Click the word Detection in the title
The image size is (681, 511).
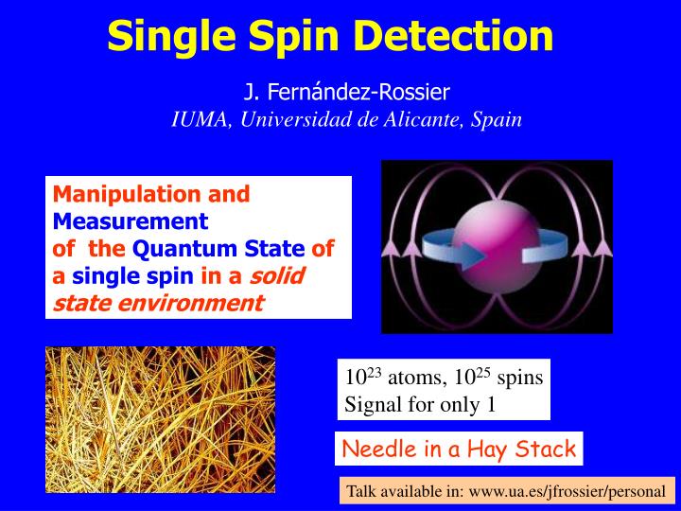[x=466, y=36]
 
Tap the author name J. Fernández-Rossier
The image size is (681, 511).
[x=346, y=93]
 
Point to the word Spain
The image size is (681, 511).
[x=499, y=120]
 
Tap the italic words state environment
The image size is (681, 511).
[x=157, y=303]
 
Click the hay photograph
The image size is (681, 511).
[x=160, y=418]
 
